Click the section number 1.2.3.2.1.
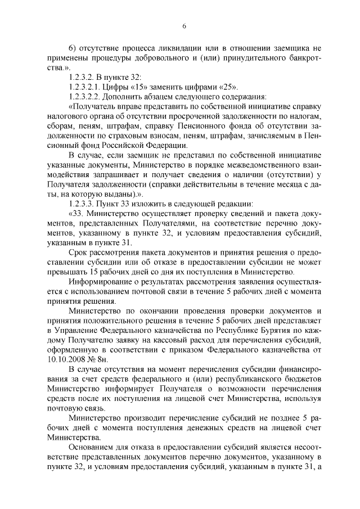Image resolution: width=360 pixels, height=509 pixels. [x=85, y=87]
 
